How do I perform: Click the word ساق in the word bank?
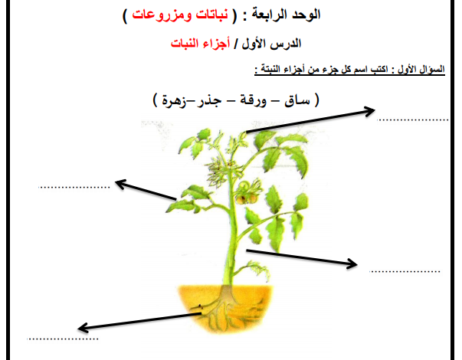(x=297, y=101)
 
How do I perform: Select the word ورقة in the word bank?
(x=253, y=101)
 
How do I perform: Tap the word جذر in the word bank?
(x=210, y=101)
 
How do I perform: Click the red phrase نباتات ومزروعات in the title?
(x=180, y=15)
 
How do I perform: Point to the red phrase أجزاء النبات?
(x=201, y=44)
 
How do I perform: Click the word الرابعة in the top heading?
(x=265, y=15)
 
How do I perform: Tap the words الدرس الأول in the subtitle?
(x=271, y=44)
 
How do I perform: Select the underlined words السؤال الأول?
(x=421, y=70)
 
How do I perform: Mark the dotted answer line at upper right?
(x=412, y=120)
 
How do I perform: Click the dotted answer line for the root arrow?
(x=63, y=339)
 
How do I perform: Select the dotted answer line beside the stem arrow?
(x=405, y=271)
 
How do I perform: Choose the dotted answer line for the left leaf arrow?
(x=74, y=187)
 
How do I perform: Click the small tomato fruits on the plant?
(x=247, y=198)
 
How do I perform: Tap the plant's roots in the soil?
(x=224, y=309)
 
